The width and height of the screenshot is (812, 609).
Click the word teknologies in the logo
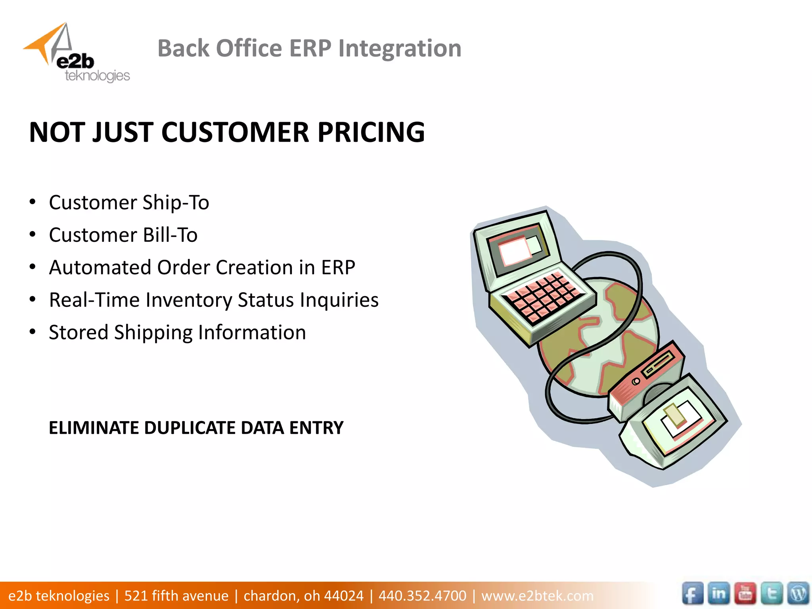97,75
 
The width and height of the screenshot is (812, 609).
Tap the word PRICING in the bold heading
371,132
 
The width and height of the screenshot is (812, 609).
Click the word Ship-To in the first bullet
176,203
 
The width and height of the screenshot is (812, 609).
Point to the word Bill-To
170,235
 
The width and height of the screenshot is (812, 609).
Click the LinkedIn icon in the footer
718,594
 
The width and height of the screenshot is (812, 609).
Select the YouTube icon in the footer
745,594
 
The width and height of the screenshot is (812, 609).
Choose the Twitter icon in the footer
772,594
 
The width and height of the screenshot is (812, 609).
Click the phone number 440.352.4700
422,596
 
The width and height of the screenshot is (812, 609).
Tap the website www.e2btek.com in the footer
537,596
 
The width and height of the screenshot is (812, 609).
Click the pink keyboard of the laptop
543,295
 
